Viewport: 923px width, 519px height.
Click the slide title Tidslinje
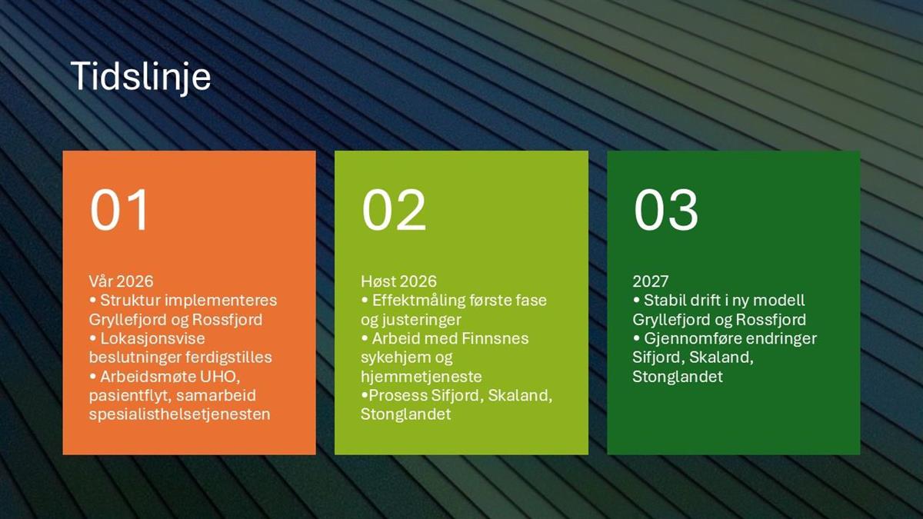(x=141, y=78)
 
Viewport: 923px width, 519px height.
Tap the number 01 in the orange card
(x=119, y=210)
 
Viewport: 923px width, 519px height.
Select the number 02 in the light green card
(x=394, y=210)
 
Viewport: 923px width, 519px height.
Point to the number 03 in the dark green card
(x=666, y=210)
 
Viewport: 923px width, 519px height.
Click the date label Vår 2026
(x=122, y=281)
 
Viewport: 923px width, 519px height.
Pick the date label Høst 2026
(x=398, y=281)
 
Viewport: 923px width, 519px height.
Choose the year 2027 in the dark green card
(x=650, y=281)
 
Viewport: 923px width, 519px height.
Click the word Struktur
(x=130, y=301)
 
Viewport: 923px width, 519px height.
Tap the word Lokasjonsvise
(x=152, y=338)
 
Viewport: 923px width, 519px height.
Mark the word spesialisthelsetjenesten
(x=180, y=414)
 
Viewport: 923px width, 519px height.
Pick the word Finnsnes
(x=495, y=338)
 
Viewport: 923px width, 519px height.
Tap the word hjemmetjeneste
(x=422, y=377)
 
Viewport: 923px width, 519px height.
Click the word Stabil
(x=665, y=301)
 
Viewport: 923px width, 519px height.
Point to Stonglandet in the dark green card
(x=678, y=377)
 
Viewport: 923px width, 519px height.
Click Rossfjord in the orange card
(x=227, y=320)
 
